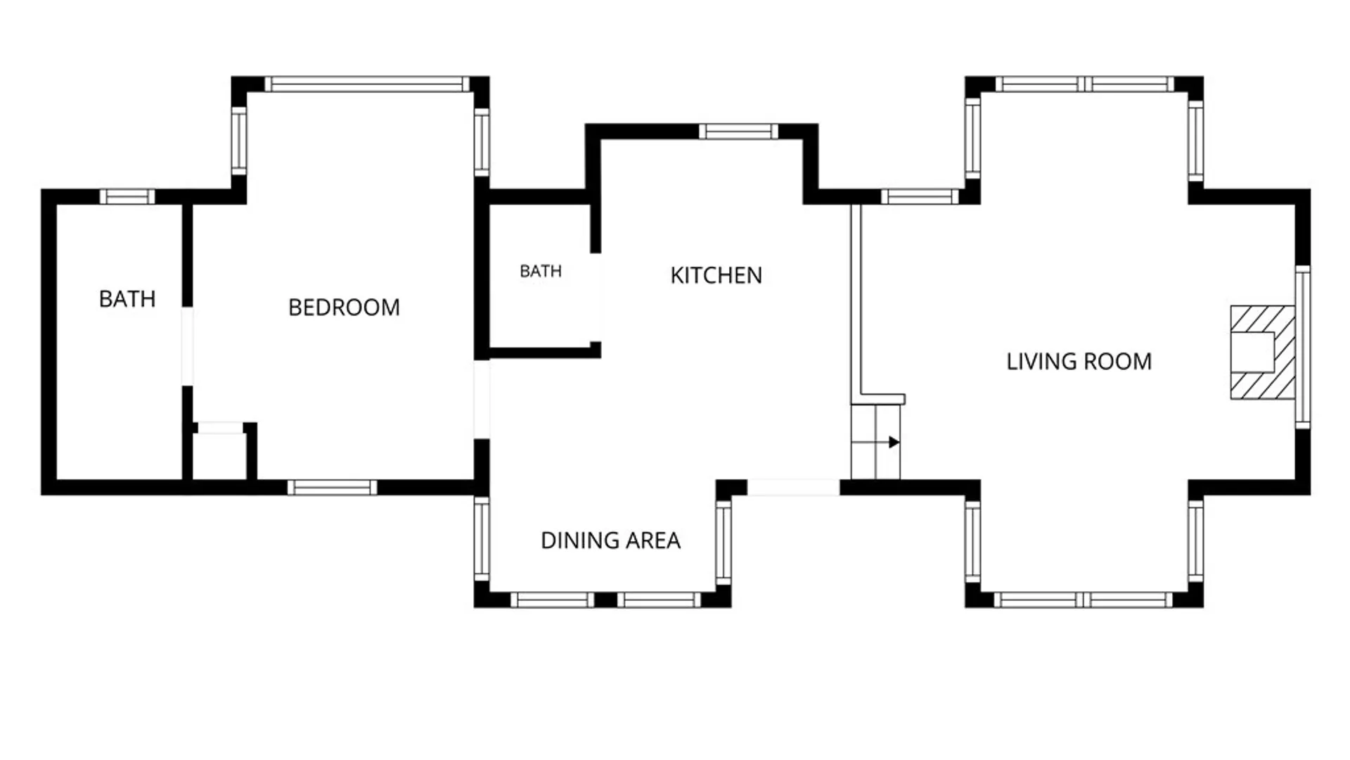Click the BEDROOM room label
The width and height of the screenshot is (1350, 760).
click(x=344, y=308)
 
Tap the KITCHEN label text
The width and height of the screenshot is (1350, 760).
click(x=716, y=275)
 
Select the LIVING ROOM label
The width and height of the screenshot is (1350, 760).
click(x=1079, y=362)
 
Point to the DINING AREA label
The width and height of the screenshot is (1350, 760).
click(x=610, y=540)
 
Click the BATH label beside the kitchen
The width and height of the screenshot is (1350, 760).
click(x=541, y=271)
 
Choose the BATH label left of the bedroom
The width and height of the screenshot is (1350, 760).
click(x=127, y=299)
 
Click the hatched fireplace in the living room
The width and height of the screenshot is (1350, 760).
click(x=1262, y=353)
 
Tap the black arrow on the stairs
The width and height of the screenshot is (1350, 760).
click(x=894, y=442)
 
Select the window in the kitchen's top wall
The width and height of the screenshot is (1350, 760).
click(x=738, y=132)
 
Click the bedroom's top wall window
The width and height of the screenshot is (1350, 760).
click(x=367, y=84)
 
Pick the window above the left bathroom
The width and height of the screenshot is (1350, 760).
click(x=127, y=196)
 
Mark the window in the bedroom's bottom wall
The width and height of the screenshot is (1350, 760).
click(x=332, y=487)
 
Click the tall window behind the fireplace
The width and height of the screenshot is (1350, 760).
click(x=1303, y=347)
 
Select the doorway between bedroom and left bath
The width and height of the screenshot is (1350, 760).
click(x=187, y=346)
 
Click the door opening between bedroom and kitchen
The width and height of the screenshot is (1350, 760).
click(x=482, y=400)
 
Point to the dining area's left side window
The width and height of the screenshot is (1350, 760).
click(x=482, y=539)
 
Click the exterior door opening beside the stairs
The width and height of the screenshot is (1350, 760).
click(x=793, y=487)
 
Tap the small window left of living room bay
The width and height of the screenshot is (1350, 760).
click(x=920, y=196)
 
